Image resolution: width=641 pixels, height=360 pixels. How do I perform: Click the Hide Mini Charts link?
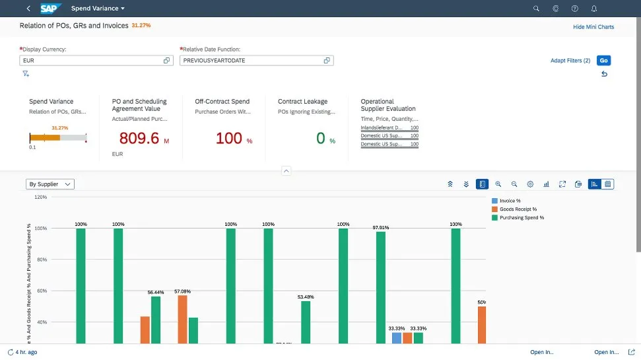[593, 27]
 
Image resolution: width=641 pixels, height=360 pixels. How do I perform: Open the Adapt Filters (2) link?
[570, 61]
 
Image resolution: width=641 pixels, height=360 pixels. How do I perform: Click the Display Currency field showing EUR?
[91, 61]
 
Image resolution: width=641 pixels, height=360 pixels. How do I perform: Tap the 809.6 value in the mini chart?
[139, 138]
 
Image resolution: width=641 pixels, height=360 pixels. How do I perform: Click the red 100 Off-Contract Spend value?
[229, 138]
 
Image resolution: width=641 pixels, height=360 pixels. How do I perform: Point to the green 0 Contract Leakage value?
[321, 138]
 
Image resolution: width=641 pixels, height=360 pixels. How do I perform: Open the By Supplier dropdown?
[50, 184]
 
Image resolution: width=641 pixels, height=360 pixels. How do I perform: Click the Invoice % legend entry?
[510, 201]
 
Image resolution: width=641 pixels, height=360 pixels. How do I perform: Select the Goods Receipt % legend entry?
[518, 209]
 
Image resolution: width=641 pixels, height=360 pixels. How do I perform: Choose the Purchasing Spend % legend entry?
[522, 217]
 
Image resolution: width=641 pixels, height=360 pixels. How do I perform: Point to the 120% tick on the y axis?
[40, 197]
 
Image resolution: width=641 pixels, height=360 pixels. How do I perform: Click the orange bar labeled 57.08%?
[182, 319]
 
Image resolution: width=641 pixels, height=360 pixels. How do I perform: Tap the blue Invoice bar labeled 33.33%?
[396, 338]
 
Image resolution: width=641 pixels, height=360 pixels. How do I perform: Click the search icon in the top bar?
[536, 9]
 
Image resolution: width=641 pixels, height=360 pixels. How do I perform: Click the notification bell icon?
[594, 9]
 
